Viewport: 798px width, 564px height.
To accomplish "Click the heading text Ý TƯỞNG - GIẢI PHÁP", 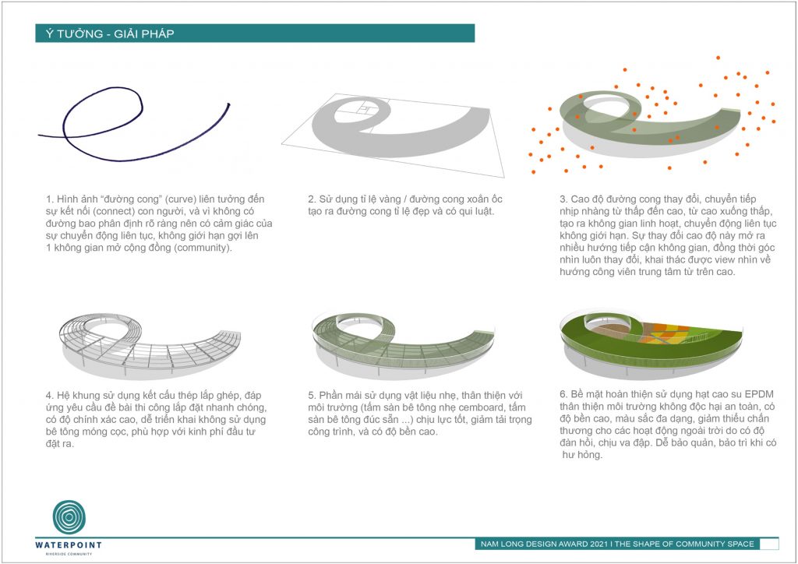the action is click(x=110, y=34).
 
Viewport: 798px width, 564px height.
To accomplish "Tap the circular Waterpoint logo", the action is click(x=69, y=517).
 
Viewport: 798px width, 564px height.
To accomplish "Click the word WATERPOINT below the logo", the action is click(x=69, y=545).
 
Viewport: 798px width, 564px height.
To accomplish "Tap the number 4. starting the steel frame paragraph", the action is click(x=49, y=395).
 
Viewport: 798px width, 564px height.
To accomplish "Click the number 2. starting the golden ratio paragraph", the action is click(x=312, y=199).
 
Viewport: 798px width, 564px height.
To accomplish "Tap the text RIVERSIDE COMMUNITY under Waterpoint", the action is click(x=69, y=554).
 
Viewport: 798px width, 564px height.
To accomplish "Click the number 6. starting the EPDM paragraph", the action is click(x=563, y=394).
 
